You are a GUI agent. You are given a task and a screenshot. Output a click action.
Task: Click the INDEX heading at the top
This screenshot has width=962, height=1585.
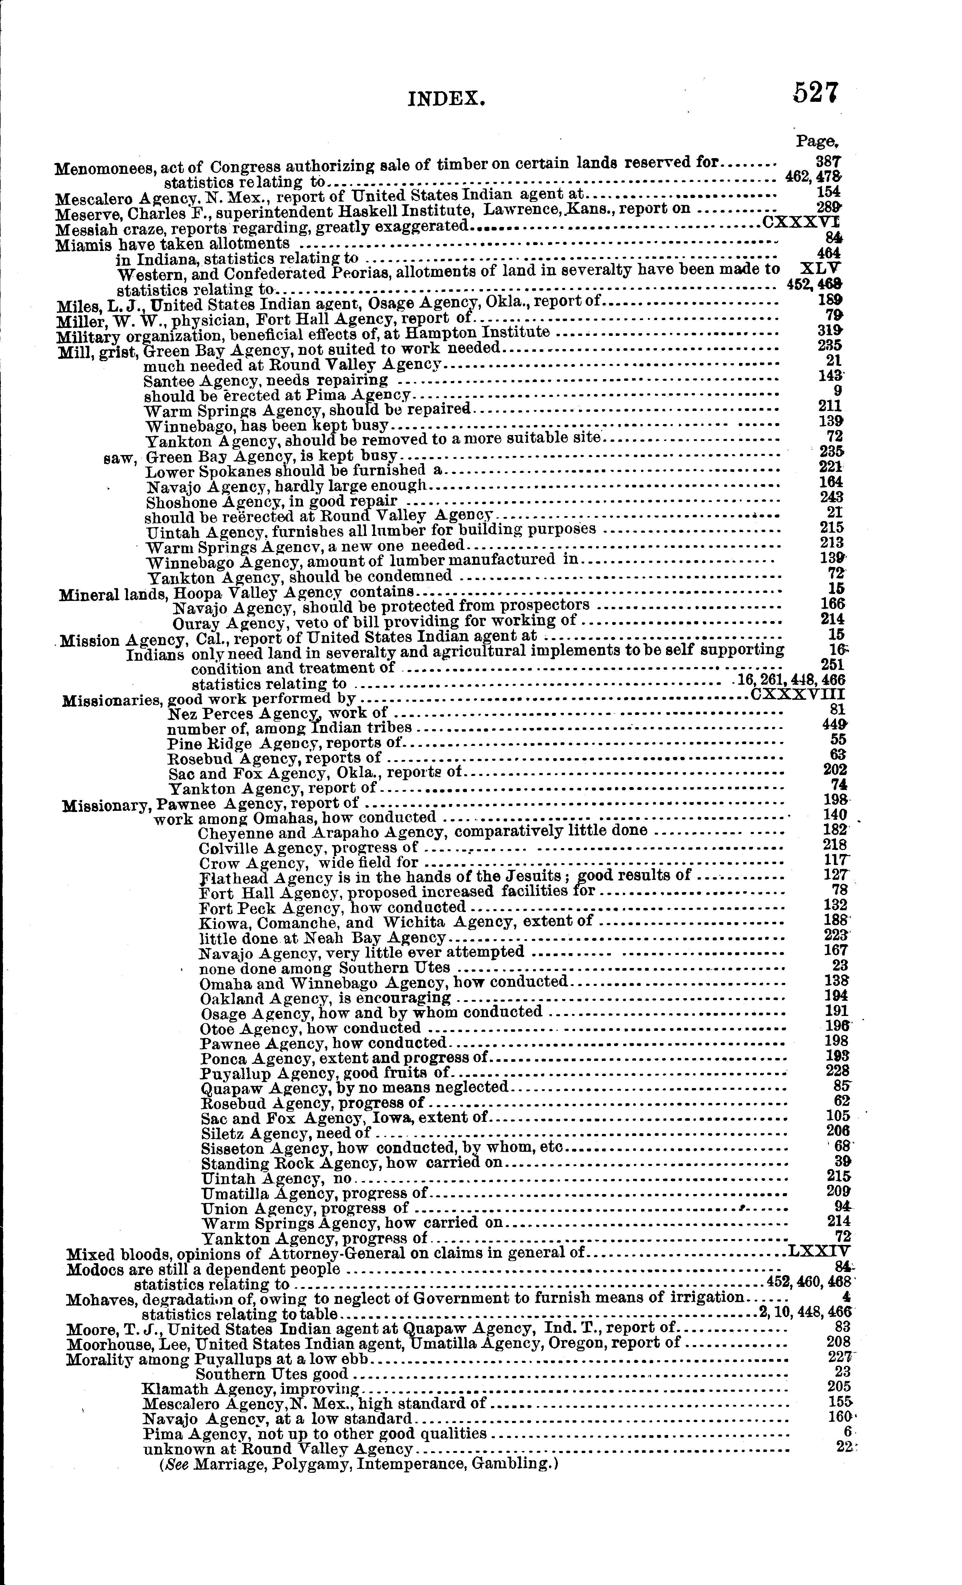446,99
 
